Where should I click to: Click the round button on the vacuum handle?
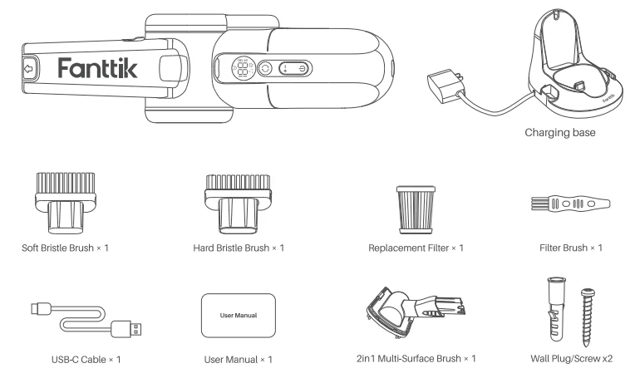click(266, 69)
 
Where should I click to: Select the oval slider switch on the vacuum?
click(292, 69)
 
